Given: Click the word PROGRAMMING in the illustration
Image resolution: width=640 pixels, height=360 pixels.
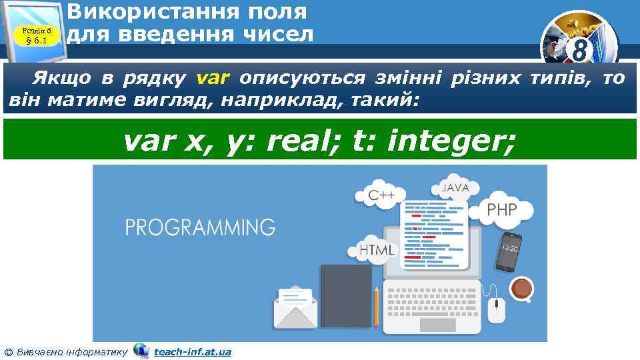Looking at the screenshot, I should coord(200,227).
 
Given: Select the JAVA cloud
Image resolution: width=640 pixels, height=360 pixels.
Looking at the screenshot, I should coord(455,189).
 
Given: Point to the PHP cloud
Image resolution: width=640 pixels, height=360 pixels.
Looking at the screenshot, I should coord(502,210).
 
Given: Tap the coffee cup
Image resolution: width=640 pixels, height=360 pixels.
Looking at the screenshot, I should coord(521,289).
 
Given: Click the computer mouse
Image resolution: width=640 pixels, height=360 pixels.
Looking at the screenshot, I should coord(496,310).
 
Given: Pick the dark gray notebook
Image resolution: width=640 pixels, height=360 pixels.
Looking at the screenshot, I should coord(345,295).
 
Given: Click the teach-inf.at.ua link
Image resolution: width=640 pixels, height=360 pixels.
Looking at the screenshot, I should coord(192,351).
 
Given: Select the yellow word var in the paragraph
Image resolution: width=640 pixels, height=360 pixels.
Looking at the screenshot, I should coord(213,79).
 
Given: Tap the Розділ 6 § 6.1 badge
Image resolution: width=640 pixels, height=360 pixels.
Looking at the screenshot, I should coord(37,35).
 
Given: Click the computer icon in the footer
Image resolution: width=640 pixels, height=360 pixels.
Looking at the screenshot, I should coord(141,351).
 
